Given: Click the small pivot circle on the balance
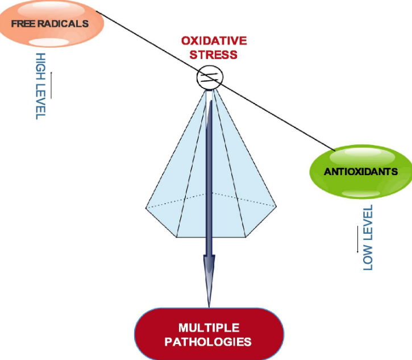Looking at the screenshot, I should pyautogui.click(x=208, y=78).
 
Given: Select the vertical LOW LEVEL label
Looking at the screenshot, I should pyautogui.click(x=368, y=237).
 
